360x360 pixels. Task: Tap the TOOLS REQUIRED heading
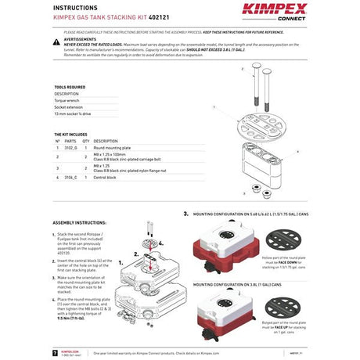[x=70, y=87]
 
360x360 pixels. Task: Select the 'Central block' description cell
[x=106, y=178]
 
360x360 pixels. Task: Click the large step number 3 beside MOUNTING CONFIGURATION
[x=185, y=212]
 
